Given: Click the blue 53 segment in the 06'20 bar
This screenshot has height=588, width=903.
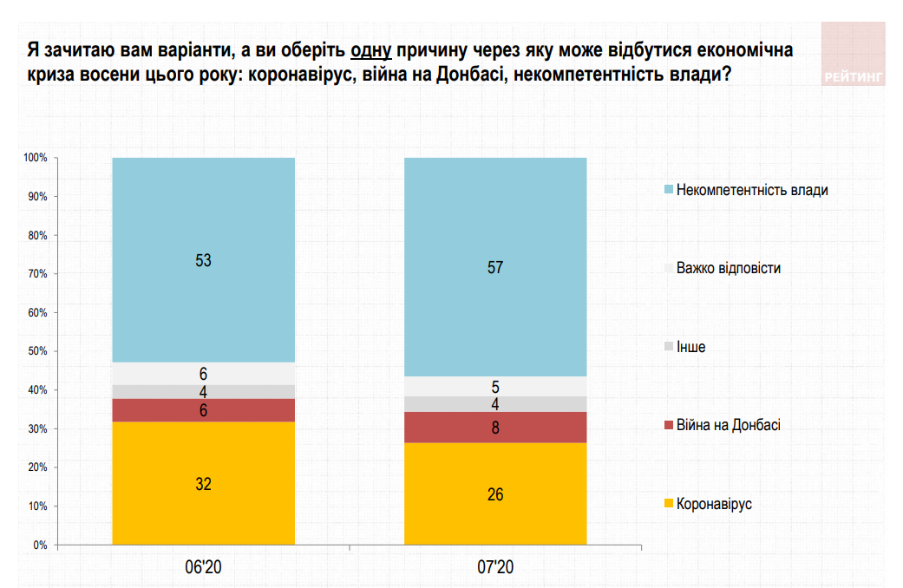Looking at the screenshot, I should [204, 259].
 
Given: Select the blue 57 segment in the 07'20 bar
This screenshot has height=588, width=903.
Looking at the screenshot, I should [495, 267].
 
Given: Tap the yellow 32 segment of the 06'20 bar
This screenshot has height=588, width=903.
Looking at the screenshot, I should [204, 484].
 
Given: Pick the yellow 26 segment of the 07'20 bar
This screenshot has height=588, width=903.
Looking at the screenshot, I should [495, 494].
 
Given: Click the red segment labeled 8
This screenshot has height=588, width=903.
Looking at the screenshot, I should [495, 427].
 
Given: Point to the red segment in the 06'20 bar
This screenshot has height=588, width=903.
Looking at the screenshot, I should [204, 410].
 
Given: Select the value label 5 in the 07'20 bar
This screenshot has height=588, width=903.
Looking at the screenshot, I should [495, 387].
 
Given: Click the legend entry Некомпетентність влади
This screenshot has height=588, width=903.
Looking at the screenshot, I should [751, 190].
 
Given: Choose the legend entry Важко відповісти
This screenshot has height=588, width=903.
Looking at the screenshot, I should [728, 268].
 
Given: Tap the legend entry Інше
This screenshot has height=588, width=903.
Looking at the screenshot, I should [690, 347].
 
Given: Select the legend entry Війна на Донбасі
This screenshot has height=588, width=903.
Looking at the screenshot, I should [728, 425].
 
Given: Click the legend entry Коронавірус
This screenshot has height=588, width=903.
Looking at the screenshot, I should [713, 504].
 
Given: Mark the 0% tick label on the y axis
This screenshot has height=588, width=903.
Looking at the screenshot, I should [40, 546].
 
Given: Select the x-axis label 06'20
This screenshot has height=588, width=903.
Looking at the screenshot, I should [204, 568].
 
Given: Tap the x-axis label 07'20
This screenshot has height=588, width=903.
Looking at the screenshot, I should [495, 568].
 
